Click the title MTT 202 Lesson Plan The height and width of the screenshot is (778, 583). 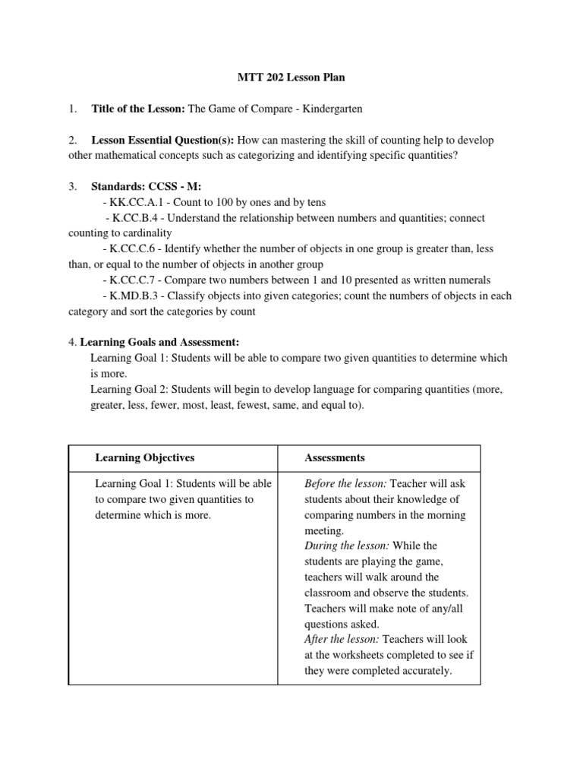pyautogui.click(x=291, y=77)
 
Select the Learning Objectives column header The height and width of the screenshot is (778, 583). pyautogui.click(x=144, y=457)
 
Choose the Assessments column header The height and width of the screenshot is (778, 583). pyautogui.click(x=334, y=457)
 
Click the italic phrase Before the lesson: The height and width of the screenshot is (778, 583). pyautogui.click(x=345, y=483)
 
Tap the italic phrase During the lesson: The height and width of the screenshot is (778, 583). pyautogui.click(x=345, y=546)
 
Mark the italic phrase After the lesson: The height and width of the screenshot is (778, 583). pyautogui.click(x=339, y=639)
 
